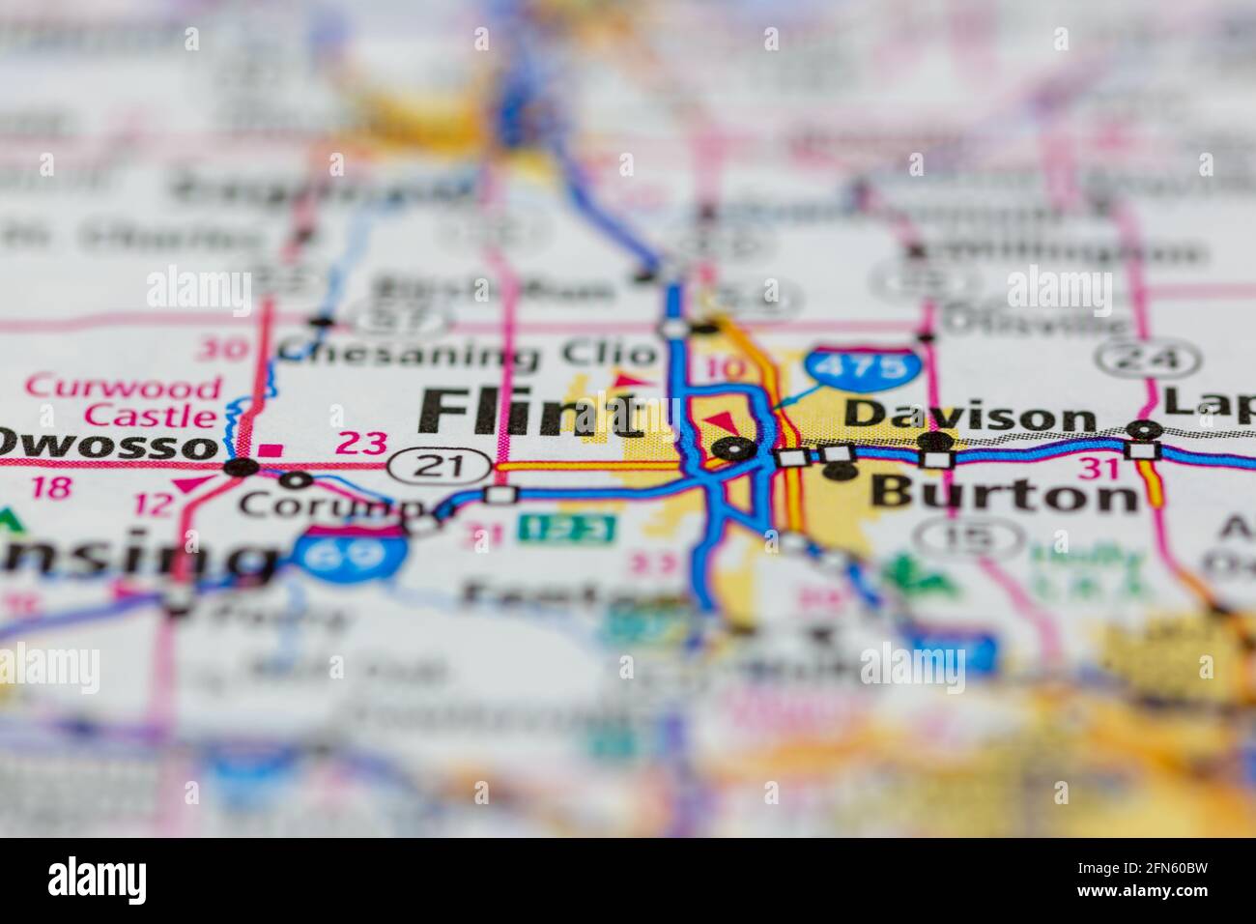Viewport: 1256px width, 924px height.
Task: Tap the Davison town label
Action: click(968, 416)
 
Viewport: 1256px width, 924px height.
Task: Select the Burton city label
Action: click(1004, 494)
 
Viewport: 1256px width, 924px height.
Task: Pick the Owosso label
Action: click(106, 446)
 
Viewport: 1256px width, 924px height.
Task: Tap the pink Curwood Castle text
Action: click(123, 402)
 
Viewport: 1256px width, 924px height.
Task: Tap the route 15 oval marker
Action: click(969, 536)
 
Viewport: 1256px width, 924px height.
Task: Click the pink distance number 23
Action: click(360, 444)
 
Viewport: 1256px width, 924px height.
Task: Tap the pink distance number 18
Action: click(51, 487)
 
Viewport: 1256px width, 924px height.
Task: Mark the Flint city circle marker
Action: click(737, 448)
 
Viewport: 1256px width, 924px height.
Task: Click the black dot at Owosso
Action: click(241, 468)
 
